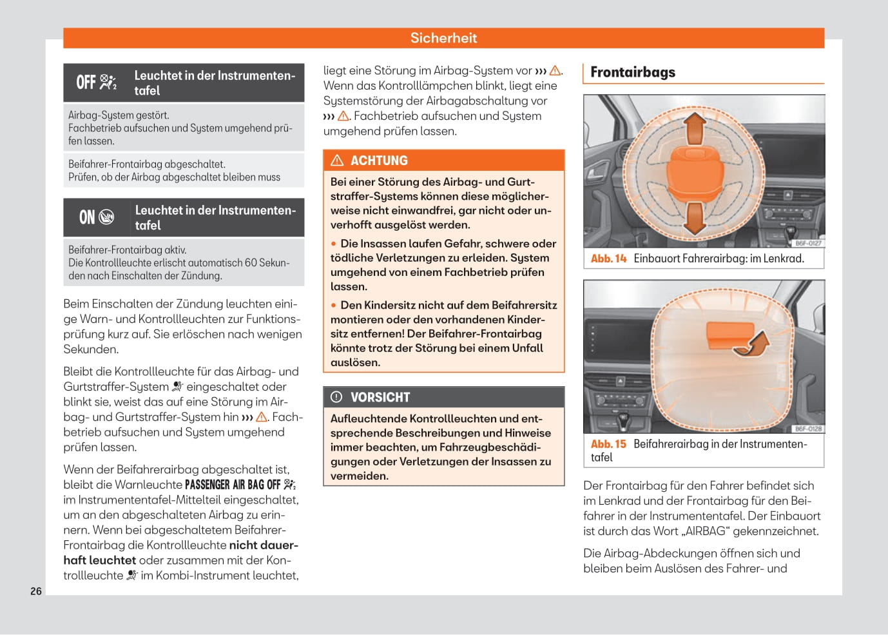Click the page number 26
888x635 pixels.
(x=36, y=591)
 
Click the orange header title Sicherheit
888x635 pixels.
(x=443, y=38)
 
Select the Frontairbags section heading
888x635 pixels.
(x=633, y=72)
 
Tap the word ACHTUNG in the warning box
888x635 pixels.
(x=379, y=161)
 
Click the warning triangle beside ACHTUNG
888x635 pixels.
(x=337, y=161)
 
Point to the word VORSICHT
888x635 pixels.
(x=380, y=397)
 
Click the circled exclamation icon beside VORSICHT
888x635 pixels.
(x=336, y=397)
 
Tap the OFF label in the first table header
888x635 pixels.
(x=86, y=83)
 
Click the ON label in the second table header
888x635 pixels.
(x=87, y=217)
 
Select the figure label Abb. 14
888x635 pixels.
(x=608, y=259)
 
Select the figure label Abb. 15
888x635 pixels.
(x=608, y=444)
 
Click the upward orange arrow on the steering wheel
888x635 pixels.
(x=695, y=128)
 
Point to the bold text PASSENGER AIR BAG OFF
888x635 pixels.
(x=233, y=485)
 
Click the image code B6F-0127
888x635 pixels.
(x=808, y=243)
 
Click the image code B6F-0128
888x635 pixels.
(x=808, y=429)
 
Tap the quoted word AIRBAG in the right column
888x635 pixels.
(x=706, y=531)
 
